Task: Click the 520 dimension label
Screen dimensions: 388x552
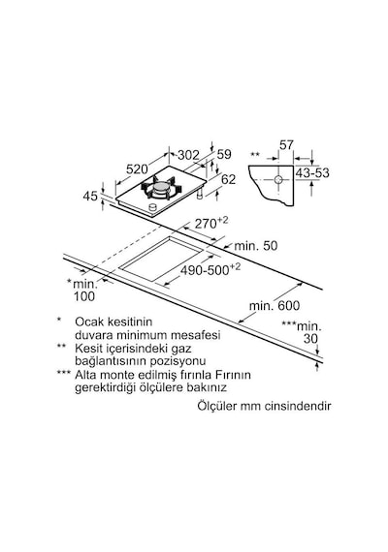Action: (137, 169)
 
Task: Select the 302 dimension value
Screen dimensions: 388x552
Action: (188, 155)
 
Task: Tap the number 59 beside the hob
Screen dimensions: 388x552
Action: (224, 154)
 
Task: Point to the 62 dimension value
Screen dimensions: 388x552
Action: (228, 179)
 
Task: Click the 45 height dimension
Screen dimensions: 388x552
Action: (90, 196)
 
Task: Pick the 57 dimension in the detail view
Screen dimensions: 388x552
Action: (286, 144)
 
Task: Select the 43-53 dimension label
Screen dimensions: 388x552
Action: (312, 172)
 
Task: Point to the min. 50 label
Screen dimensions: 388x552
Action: (256, 245)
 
